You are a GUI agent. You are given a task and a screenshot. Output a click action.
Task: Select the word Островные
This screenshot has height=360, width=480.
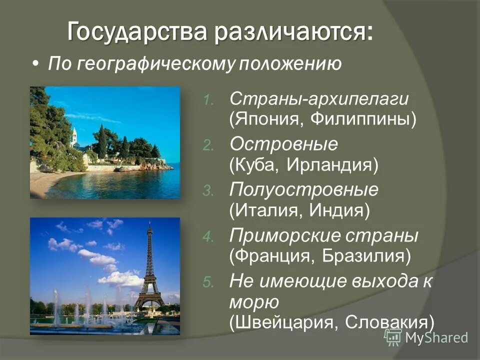[283, 144]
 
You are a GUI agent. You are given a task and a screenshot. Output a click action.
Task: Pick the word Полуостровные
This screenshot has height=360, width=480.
[303, 189]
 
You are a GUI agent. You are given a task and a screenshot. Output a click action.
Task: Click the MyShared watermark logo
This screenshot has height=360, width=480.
[426, 336]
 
